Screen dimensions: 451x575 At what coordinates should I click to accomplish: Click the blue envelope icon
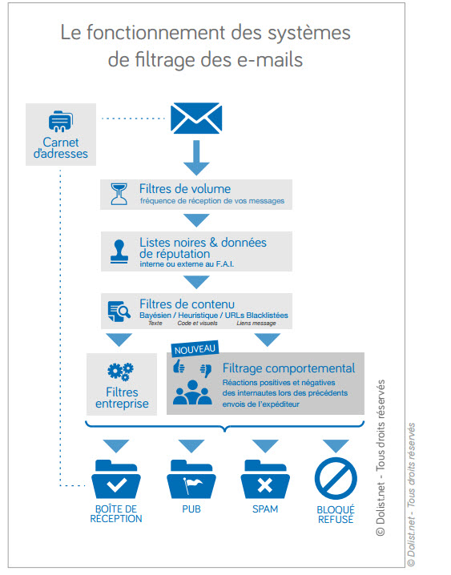click(x=196, y=118)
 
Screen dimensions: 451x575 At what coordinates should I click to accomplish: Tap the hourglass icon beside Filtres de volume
click(x=119, y=194)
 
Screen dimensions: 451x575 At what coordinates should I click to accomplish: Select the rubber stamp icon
click(x=119, y=251)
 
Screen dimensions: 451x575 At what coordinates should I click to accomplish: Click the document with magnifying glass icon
click(x=119, y=311)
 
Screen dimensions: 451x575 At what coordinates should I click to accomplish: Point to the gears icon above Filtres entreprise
click(x=121, y=372)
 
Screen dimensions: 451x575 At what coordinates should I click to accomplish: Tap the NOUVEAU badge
click(x=195, y=348)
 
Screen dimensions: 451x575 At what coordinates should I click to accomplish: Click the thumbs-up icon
click(x=179, y=366)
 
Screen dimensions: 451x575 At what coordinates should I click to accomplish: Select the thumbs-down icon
click(x=206, y=370)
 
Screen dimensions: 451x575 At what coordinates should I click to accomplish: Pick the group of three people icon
click(x=192, y=392)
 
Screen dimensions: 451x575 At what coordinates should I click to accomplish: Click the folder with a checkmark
click(x=116, y=479)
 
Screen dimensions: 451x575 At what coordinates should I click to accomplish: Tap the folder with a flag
click(x=191, y=479)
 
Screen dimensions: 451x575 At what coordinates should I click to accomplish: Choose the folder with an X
click(x=265, y=479)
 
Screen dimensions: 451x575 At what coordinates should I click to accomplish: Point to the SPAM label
click(x=265, y=509)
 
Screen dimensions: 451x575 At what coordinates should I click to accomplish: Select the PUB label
click(x=191, y=509)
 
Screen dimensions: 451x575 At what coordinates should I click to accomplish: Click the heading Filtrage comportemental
click(x=288, y=368)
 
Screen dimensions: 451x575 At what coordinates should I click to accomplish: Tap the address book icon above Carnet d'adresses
click(x=61, y=121)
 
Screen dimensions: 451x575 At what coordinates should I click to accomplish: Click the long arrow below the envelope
click(x=196, y=158)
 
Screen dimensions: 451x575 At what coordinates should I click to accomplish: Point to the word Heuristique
click(x=198, y=316)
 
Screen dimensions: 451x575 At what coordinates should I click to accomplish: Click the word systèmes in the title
click(x=308, y=33)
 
